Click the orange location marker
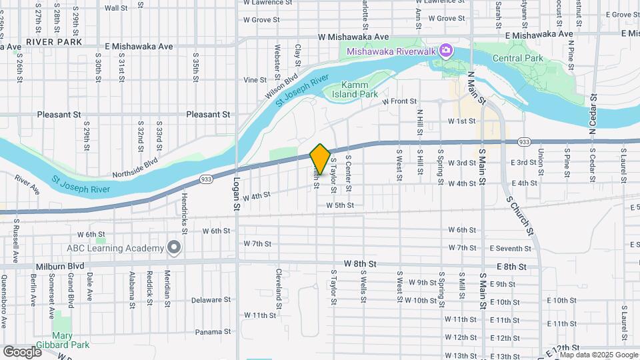[320, 159]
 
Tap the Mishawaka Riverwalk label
[390, 51]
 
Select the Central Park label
[515, 58]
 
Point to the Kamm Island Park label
[359, 90]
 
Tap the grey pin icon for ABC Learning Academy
[174, 248]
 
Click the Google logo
[22, 351]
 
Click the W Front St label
[399, 101]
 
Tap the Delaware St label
[210, 300]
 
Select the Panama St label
[213, 331]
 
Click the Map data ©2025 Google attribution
[598, 355]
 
